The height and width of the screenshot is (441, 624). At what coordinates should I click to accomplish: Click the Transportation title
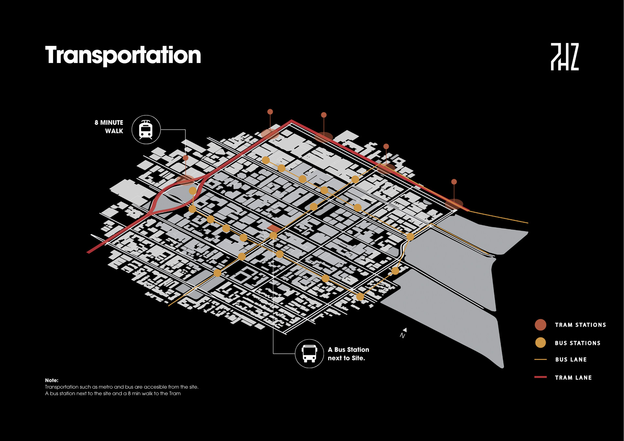coord(123,55)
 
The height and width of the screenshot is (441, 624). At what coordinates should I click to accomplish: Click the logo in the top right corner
coord(565,57)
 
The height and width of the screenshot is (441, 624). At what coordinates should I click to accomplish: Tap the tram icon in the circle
coord(146,130)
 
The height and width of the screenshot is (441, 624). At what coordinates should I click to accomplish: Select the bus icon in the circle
coord(309,354)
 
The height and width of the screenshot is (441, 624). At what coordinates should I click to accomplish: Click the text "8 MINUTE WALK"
coord(109,127)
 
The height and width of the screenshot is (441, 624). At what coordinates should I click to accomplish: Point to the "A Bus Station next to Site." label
coord(348,354)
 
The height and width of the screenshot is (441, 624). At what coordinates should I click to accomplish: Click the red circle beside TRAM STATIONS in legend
coord(540,325)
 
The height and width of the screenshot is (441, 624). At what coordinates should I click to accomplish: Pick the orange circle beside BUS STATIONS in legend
coord(540,343)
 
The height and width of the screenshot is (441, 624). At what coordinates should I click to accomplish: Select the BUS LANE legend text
coord(571,359)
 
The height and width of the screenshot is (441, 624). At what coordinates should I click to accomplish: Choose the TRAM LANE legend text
coord(573,378)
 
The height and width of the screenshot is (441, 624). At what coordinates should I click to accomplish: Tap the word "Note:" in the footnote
coord(52,380)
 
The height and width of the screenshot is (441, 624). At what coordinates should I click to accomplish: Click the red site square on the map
coord(274,228)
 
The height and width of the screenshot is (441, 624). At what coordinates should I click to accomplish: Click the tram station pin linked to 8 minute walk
coord(186,158)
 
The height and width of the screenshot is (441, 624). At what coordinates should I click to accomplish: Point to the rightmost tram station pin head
coord(454,182)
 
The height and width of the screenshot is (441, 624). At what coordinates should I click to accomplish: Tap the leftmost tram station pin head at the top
coord(270,112)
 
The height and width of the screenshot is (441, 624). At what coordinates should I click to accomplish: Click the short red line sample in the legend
coord(540,377)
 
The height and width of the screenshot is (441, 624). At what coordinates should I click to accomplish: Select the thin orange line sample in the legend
coord(540,359)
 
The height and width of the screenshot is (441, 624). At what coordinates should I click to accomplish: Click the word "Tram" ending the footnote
coord(175,394)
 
